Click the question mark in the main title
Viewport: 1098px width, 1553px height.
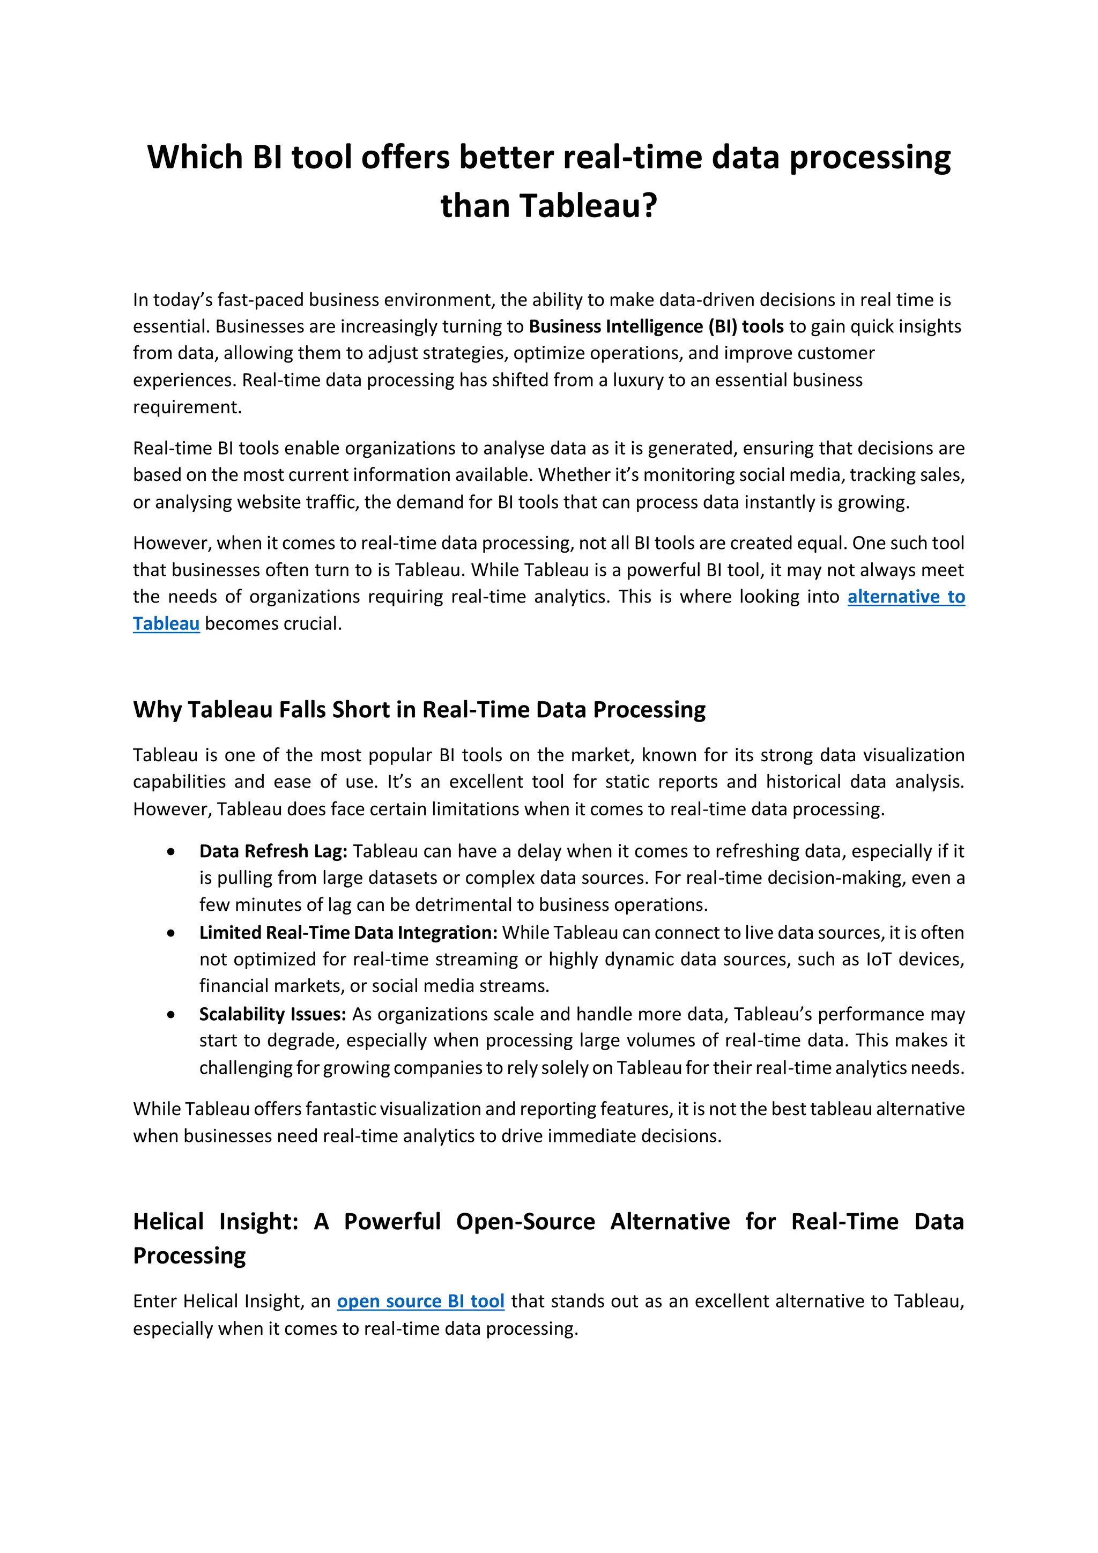point(649,206)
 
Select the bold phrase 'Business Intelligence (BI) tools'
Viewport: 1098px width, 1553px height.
point(656,326)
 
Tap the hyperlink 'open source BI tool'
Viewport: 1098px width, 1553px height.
point(420,1302)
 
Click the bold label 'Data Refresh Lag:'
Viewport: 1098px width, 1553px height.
point(273,851)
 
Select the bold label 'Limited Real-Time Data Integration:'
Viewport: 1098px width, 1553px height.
point(348,933)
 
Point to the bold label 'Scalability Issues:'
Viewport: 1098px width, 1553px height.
point(272,1014)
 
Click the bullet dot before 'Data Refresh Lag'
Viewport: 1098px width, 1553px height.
point(171,852)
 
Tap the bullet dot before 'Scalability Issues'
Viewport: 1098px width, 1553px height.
point(171,1015)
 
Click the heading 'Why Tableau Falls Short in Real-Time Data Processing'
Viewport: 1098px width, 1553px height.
point(419,710)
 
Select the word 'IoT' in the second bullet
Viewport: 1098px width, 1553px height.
point(878,960)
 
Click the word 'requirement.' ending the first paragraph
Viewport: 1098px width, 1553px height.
point(187,407)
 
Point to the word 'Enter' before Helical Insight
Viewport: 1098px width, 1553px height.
point(155,1302)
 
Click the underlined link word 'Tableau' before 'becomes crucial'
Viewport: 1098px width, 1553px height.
point(166,623)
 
